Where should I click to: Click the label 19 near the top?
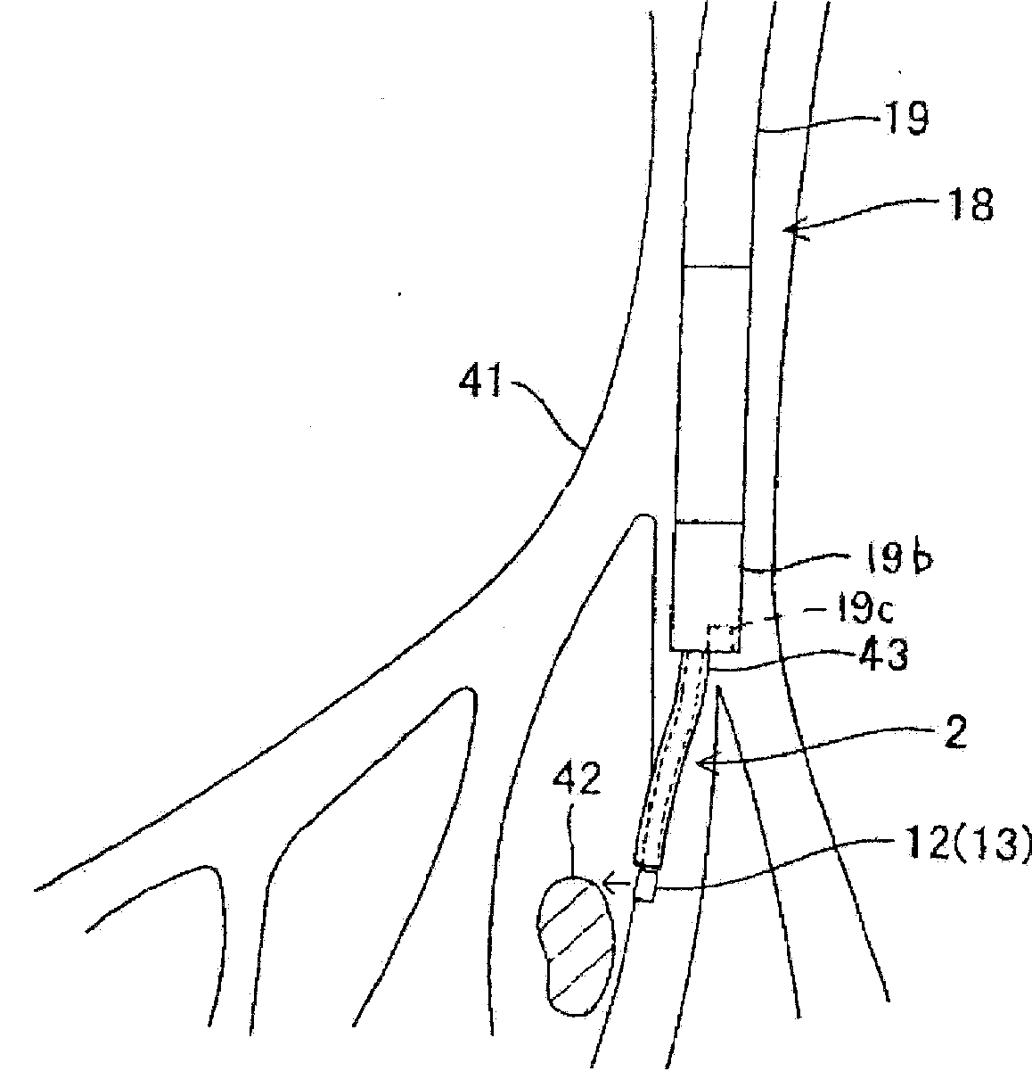click(904, 119)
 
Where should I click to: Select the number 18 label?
click(970, 204)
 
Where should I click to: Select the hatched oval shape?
click(577, 944)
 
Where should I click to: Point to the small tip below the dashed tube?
click(645, 888)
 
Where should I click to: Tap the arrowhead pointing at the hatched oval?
click(610, 884)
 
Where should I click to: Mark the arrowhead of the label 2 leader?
click(703, 762)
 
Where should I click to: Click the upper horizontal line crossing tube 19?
click(716, 266)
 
